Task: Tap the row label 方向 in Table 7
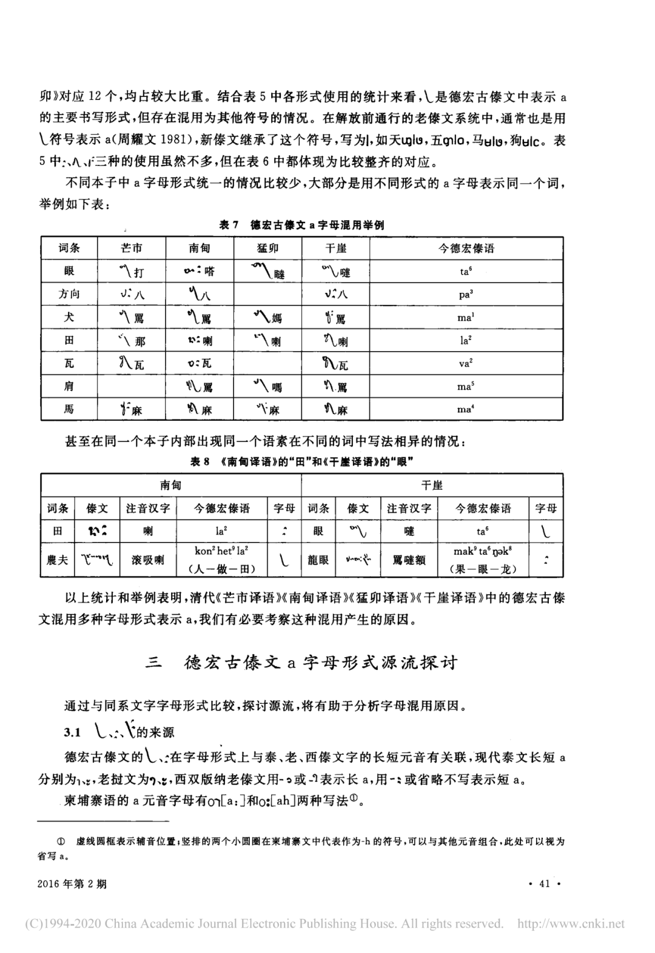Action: tap(69, 294)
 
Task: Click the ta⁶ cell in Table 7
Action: tap(465, 271)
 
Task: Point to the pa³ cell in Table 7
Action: tap(465, 294)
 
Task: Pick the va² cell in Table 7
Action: tap(465, 363)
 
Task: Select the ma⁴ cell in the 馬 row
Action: tap(465, 409)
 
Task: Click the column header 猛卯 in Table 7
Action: tap(267, 248)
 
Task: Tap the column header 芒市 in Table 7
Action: tap(132, 248)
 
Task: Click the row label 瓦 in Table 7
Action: tap(69, 363)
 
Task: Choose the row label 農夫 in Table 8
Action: tap(58, 560)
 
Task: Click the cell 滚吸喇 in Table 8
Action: tap(148, 560)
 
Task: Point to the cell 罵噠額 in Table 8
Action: tap(409, 560)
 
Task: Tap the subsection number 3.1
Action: tap(73, 732)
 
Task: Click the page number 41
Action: tap(544, 883)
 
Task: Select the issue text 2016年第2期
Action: tap(72, 883)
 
